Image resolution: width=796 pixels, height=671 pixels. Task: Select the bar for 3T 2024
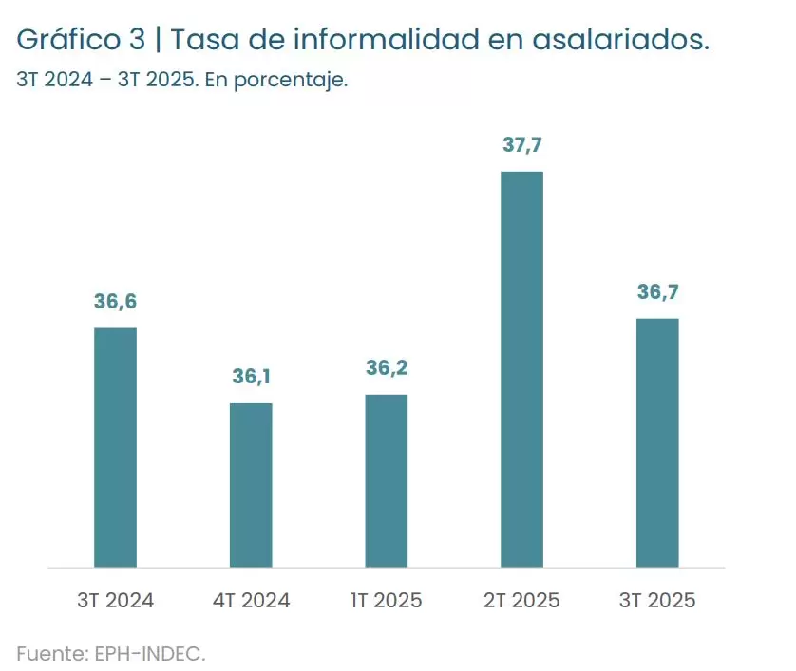(x=115, y=448)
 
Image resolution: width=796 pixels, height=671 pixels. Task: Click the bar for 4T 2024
(x=251, y=485)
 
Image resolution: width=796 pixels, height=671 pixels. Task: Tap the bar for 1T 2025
(x=387, y=481)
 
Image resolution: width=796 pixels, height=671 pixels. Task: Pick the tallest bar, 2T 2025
(x=521, y=369)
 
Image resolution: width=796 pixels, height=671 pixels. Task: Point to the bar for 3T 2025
(x=657, y=443)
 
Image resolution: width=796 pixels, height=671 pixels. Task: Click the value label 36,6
(x=115, y=302)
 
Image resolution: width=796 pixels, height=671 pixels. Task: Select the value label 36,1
(x=251, y=377)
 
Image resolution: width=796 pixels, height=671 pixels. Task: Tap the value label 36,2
(x=387, y=368)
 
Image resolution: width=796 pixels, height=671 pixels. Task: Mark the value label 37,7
(x=521, y=145)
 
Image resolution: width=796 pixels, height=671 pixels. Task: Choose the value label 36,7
(x=657, y=292)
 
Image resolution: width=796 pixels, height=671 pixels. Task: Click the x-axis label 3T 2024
(x=115, y=601)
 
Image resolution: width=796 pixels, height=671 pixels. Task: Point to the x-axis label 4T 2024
(x=251, y=601)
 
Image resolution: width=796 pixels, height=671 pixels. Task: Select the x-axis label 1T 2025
(x=387, y=601)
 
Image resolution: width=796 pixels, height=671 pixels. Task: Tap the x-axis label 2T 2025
(x=521, y=601)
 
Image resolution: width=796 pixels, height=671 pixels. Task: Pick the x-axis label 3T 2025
(x=657, y=601)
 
